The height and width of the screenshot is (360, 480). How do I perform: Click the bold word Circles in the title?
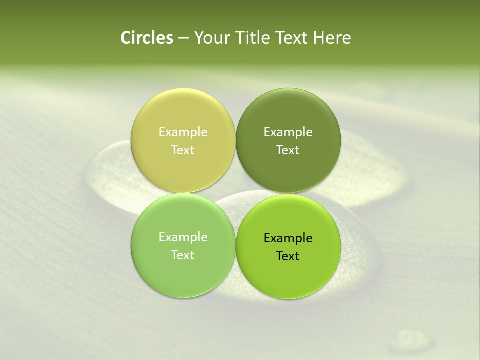tap(147, 38)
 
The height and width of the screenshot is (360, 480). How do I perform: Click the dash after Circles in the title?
tap(183, 38)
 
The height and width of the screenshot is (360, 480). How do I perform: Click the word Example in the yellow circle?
tap(183, 132)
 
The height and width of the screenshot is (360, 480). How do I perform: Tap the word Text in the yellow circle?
tap(183, 150)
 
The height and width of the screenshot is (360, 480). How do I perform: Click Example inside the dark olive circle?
tap(288, 132)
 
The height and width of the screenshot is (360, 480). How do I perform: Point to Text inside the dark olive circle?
tap(288, 150)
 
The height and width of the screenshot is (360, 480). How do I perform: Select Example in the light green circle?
tap(183, 237)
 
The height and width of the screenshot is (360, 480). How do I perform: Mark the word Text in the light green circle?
tap(183, 255)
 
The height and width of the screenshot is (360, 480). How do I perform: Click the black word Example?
tap(288, 238)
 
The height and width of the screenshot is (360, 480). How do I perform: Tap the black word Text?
tap(288, 256)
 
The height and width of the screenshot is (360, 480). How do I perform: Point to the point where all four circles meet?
tap(235, 193)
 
